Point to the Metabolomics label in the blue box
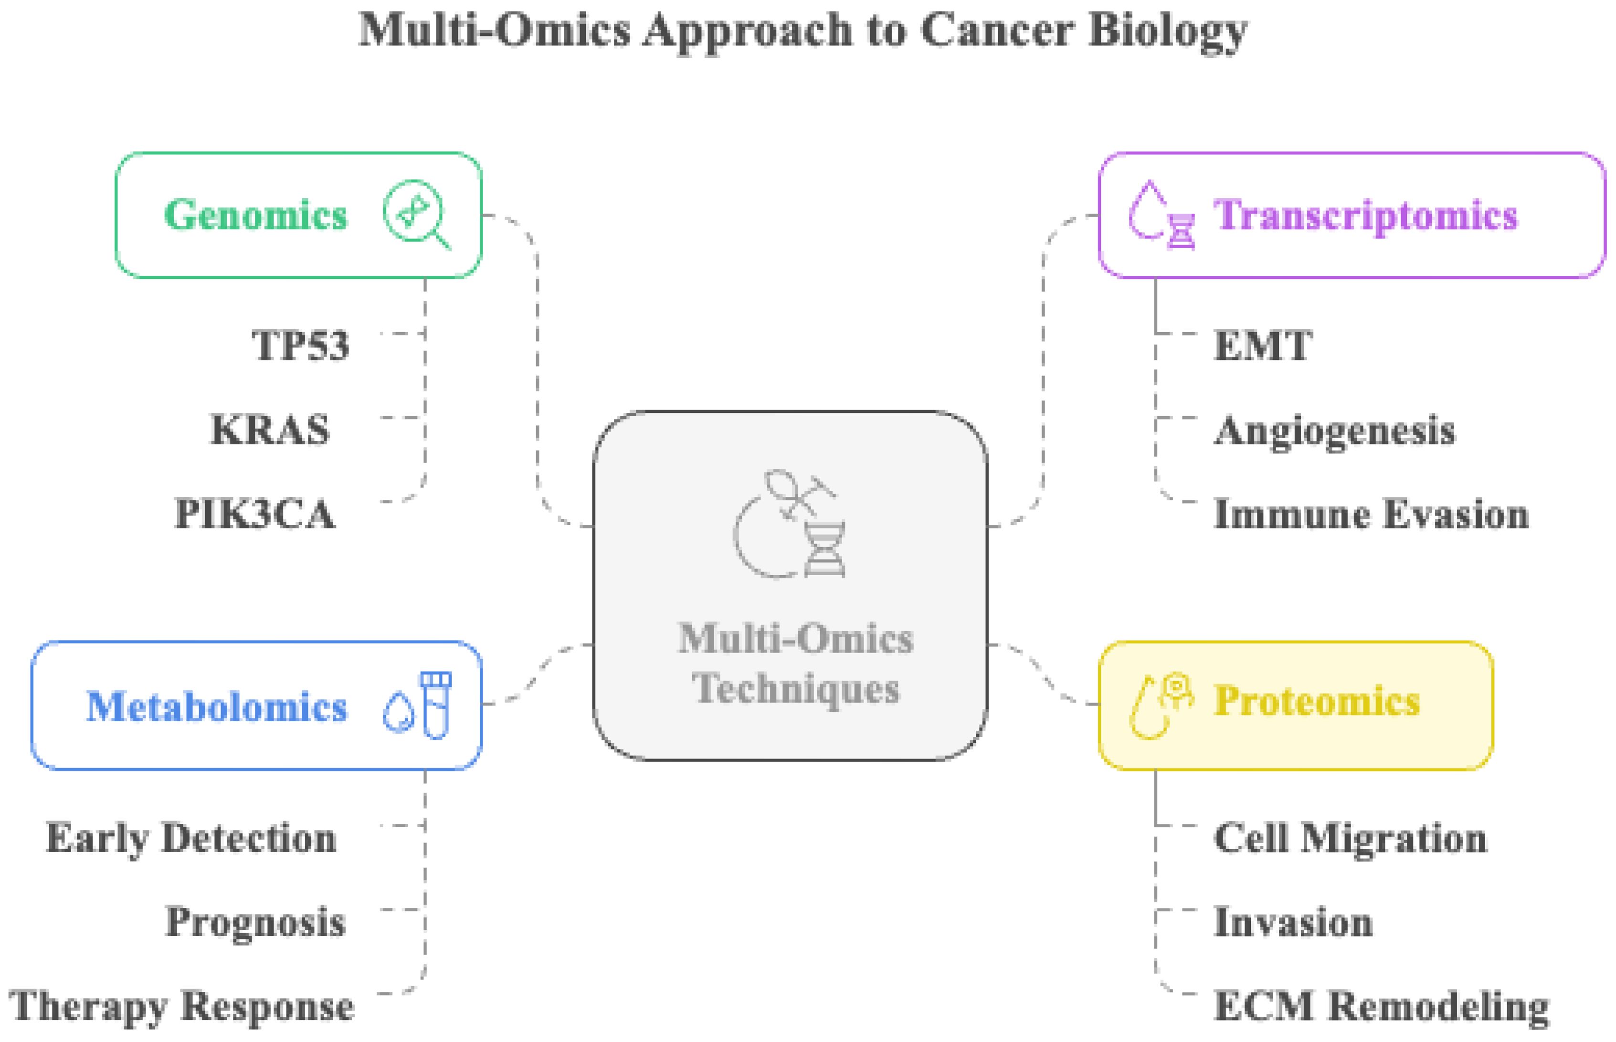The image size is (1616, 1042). pyautogui.click(x=217, y=706)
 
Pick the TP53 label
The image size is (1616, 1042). pyautogui.click(x=300, y=345)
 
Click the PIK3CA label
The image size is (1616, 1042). pyautogui.click(x=254, y=514)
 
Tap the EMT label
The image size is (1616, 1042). pyautogui.click(x=1263, y=345)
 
